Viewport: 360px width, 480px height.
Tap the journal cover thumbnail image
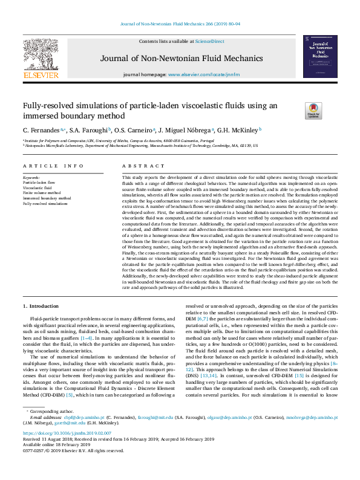coord(320,57)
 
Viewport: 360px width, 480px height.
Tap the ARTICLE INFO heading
coord(54,165)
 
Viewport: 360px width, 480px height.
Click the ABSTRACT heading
coord(135,165)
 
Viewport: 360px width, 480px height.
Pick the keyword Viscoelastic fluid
coord(38,188)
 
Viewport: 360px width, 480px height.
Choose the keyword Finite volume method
coord(41,193)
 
